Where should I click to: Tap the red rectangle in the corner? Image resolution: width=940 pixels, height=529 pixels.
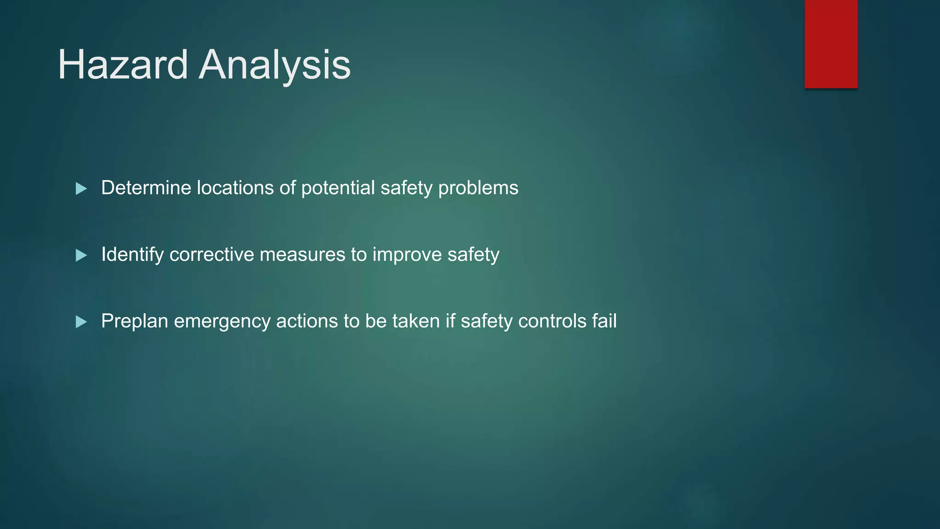(831, 44)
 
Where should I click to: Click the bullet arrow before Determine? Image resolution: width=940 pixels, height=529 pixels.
(81, 188)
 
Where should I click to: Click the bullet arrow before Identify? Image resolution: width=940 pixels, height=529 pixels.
(81, 255)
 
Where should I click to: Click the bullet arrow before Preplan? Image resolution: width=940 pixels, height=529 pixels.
(81, 321)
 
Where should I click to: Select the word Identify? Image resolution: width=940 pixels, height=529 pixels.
(132, 254)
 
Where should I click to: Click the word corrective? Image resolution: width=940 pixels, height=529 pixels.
(212, 254)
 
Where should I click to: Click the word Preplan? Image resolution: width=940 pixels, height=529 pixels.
(134, 321)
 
